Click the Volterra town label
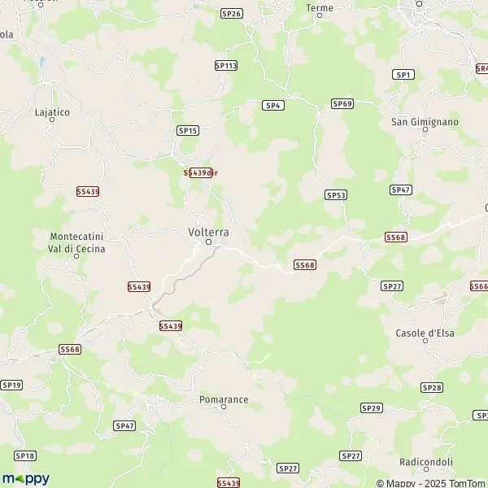[208, 232]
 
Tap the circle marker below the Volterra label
[208, 242]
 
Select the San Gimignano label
[425, 122]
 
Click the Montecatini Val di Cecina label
[77, 242]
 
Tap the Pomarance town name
[224, 399]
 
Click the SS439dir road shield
[199, 172]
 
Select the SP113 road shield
[225, 65]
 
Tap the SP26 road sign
[232, 13]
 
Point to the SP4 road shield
[272, 105]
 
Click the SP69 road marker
[342, 103]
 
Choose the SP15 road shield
[188, 130]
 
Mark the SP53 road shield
[336, 194]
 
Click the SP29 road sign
[371, 407]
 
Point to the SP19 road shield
[11, 384]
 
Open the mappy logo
[26, 478]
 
